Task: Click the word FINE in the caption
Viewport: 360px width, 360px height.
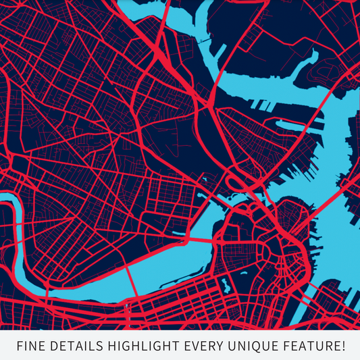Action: click(x=32, y=346)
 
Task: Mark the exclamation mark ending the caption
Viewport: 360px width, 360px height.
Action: click(x=344, y=346)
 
